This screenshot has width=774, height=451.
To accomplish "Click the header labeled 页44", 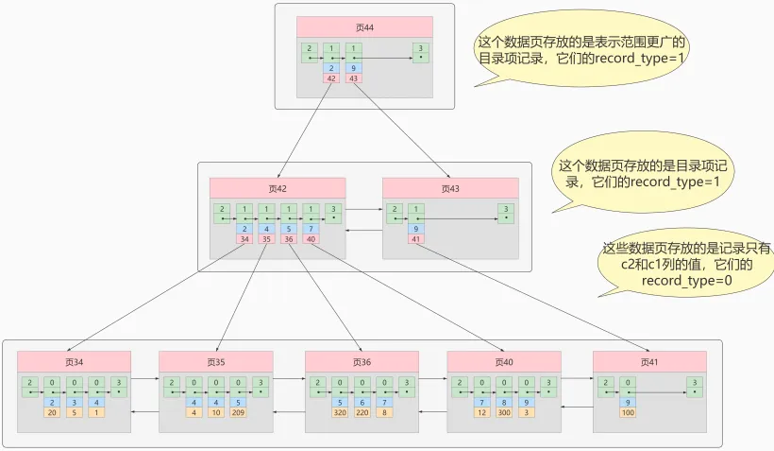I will pyautogui.click(x=364, y=27).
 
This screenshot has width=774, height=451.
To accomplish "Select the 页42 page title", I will pyautogui.click(x=278, y=188).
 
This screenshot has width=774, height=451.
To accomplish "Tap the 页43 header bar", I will pyautogui.click(x=450, y=188).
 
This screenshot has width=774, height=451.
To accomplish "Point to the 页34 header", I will pyautogui.click(x=75, y=361).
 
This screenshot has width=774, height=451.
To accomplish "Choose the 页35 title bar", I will pyautogui.click(x=216, y=361).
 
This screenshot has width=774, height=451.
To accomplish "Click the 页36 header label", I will pyautogui.click(x=362, y=361).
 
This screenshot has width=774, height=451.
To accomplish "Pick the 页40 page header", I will pyautogui.click(x=504, y=361).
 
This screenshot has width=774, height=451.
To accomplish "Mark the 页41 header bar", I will pyautogui.click(x=649, y=361).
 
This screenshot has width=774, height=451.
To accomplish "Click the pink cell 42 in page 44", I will pyautogui.click(x=331, y=78).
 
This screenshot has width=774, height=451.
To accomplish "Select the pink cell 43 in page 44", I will pyautogui.click(x=354, y=78).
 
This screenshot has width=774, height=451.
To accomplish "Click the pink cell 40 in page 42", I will pyautogui.click(x=311, y=239).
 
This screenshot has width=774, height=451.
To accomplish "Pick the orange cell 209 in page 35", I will pyautogui.click(x=239, y=412).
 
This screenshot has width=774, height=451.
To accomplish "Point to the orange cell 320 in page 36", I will pyautogui.click(x=340, y=412).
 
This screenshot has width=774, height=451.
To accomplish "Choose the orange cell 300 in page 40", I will pyautogui.click(x=504, y=412).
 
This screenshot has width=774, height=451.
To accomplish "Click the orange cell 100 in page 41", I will pyautogui.click(x=627, y=412).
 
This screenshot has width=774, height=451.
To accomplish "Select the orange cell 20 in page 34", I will pyautogui.click(x=52, y=412).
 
